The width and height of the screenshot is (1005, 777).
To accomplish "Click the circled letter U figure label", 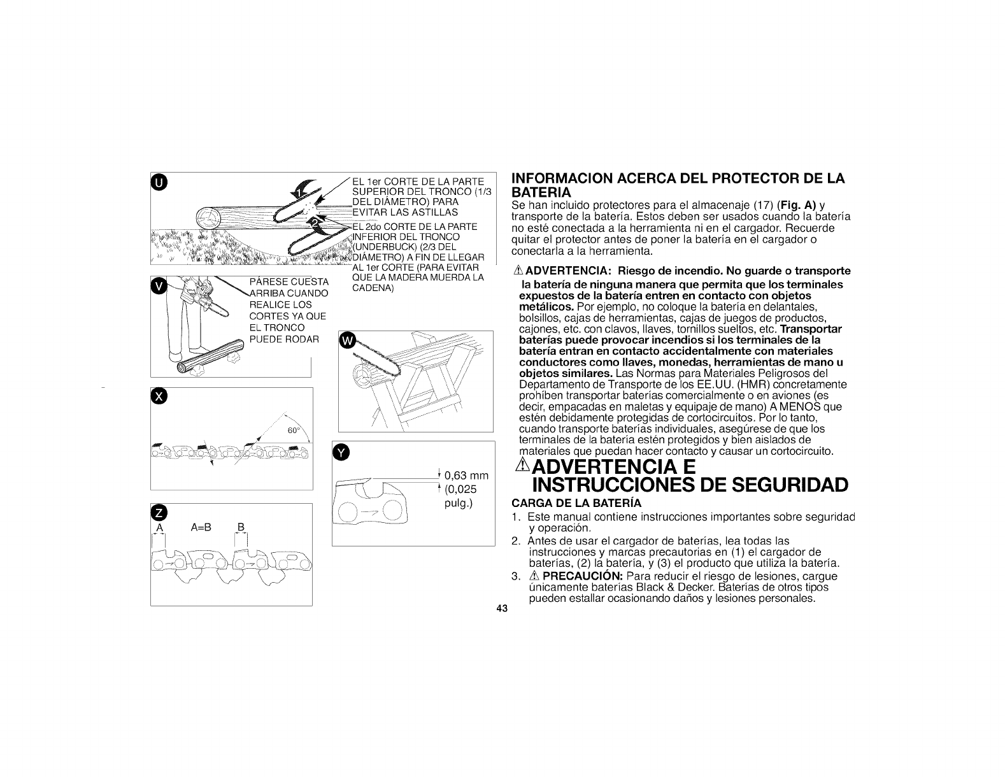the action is (x=159, y=183).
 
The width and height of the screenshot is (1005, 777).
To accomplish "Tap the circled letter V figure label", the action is (x=159, y=287).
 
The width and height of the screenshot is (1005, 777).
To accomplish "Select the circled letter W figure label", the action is (x=347, y=341).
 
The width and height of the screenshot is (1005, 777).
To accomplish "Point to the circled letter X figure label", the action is (x=159, y=397).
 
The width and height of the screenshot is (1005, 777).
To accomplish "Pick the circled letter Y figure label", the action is (x=341, y=453).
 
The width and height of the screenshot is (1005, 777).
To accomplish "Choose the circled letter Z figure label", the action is (x=159, y=513).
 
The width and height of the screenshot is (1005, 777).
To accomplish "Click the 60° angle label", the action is (x=294, y=431).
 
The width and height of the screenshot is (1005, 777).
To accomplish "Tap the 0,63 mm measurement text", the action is (x=466, y=476).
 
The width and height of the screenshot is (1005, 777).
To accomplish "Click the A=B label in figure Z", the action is (x=201, y=528).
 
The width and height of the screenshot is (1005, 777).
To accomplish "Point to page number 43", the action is (x=502, y=609).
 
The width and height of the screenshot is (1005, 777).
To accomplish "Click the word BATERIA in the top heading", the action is (x=541, y=192).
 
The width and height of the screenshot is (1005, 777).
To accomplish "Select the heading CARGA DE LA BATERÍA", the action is (x=576, y=503).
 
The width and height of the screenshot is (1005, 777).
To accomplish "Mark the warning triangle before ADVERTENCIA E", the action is (x=523, y=464).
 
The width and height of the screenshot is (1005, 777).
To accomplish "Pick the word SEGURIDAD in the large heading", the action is (x=790, y=485).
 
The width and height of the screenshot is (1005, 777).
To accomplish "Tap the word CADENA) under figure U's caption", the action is (x=373, y=288).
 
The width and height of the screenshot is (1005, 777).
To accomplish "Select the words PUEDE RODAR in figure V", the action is (x=285, y=339).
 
